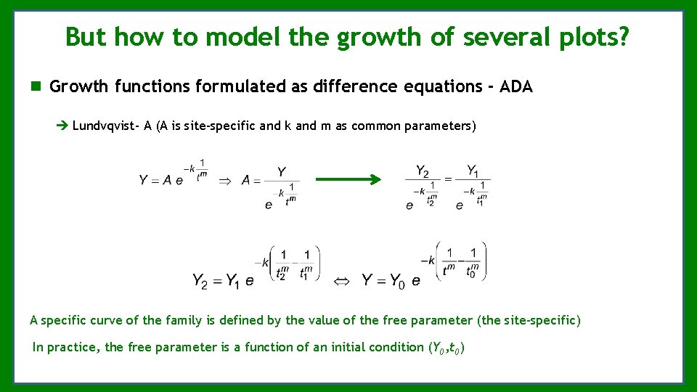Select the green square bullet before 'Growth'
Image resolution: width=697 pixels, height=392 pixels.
coord(36,87)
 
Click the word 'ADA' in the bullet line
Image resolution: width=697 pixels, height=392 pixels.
coord(516,87)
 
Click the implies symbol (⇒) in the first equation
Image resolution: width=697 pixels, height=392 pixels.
coord(226,180)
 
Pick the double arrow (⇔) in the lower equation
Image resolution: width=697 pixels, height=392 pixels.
coord(341,280)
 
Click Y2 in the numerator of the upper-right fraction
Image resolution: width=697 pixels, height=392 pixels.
coord(423,171)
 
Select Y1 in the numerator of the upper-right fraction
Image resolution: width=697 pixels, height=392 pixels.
coord(473,171)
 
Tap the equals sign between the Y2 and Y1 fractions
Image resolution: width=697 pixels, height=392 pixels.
coord(448,180)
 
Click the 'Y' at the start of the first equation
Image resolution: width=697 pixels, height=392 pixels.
coord(144,180)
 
